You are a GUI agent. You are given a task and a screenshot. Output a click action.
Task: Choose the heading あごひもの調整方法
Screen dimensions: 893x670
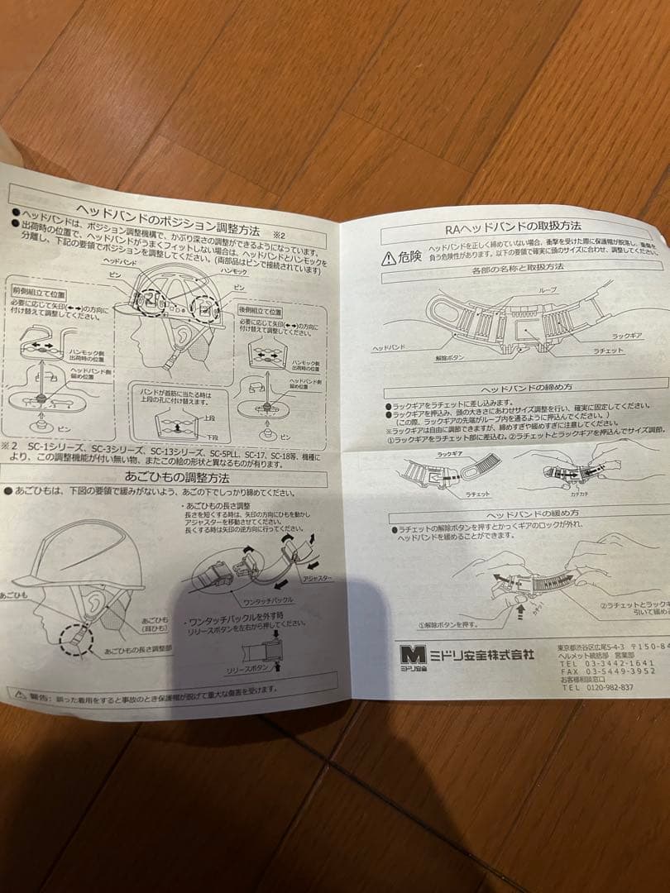click(x=165, y=477)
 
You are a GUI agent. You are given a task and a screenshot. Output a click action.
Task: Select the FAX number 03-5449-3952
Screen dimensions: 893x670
click(x=610, y=671)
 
